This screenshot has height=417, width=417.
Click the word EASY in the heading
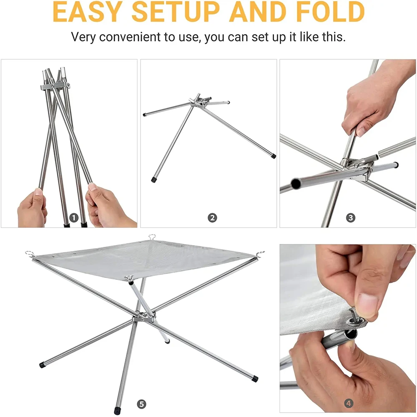pos(87,12)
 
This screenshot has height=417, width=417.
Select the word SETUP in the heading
pos(176,12)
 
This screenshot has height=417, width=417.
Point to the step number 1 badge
pos(74,218)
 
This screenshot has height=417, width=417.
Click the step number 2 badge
pos(212,218)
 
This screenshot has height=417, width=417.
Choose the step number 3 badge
pos(351,218)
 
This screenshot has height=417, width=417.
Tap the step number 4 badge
pos(349,403)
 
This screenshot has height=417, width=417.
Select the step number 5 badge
pos(141,404)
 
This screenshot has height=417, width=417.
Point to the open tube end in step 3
pos(296,183)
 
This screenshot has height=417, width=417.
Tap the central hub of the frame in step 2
pos(197,101)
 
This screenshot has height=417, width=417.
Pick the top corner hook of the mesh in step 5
pos(152,236)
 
